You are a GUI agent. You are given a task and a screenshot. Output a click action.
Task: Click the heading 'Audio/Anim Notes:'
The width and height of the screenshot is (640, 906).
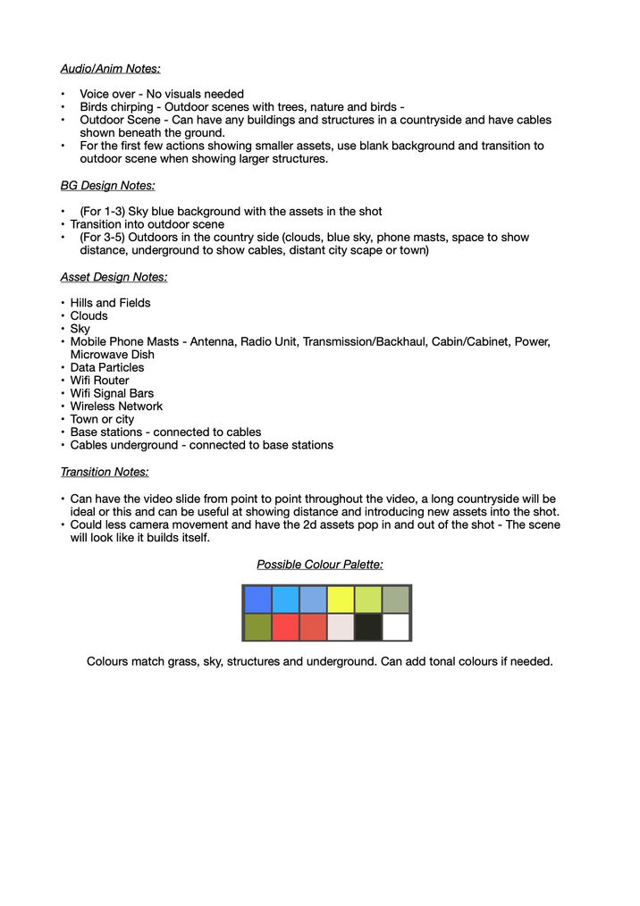(x=110, y=68)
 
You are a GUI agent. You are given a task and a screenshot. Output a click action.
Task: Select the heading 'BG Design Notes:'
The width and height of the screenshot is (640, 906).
(x=107, y=186)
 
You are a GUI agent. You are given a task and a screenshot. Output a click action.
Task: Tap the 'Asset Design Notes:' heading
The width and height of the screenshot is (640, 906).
(x=114, y=277)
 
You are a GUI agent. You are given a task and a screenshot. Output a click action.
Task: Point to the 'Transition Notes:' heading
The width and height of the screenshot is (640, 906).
(x=105, y=472)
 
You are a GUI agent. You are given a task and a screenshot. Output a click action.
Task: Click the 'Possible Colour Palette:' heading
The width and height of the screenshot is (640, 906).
(x=320, y=565)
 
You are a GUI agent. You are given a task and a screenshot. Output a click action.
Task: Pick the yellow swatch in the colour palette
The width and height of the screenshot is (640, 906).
(x=341, y=600)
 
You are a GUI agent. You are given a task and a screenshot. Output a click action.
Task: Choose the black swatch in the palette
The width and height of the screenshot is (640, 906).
(x=368, y=627)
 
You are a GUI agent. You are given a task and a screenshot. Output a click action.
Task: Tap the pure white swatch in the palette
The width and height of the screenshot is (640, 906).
(x=396, y=627)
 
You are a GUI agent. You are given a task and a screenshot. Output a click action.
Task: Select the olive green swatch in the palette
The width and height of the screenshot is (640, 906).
(x=258, y=627)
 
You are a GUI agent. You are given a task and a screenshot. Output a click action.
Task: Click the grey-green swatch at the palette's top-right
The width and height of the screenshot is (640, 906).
(x=396, y=600)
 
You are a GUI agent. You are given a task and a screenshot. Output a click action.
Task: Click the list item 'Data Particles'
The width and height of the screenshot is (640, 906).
(x=107, y=367)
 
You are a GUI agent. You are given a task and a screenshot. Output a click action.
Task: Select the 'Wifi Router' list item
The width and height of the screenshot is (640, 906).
(x=100, y=381)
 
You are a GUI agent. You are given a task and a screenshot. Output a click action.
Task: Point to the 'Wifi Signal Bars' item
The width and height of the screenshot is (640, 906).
(x=112, y=393)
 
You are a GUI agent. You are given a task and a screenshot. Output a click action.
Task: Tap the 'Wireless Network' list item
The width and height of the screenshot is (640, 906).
(x=116, y=407)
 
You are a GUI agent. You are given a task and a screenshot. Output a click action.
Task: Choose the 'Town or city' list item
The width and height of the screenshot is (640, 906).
(x=103, y=419)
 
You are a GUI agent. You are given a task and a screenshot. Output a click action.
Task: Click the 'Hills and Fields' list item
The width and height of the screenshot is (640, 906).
(x=111, y=303)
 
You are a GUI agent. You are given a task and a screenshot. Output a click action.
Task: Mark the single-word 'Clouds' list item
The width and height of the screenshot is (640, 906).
(x=89, y=315)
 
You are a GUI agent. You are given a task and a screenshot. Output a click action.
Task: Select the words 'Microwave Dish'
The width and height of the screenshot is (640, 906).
(x=113, y=355)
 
